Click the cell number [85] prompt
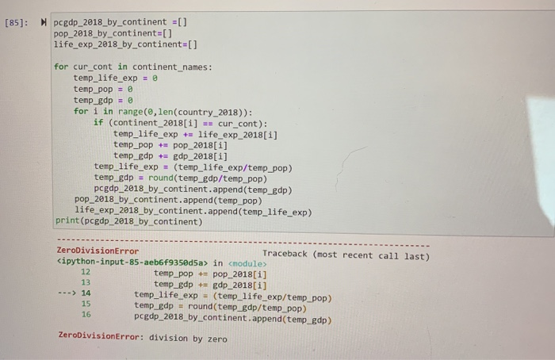click(16, 23)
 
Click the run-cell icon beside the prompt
click(44, 22)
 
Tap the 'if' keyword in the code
click(98, 122)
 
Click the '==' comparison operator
click(208, 124)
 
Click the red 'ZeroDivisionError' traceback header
click(98, 251)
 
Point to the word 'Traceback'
click(285, 254)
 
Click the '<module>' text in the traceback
click(247, 264)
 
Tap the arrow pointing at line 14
click(67, 293)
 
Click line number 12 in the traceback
click(86, 272)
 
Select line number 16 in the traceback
click(86, 314)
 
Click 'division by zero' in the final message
click(188, 339)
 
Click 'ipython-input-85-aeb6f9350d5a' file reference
click(132, 262)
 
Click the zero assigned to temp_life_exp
click(155, 78)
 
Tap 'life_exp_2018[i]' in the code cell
click(238, 135)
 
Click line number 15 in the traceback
click(86, 304)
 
